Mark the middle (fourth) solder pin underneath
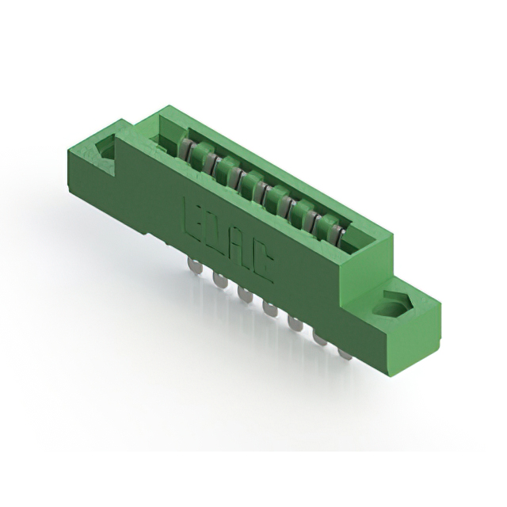(x=270, y=310)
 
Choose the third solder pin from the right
(x=295, y=324)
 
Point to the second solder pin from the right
(x=321, y=339)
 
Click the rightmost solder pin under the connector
(x=345, y=353)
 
